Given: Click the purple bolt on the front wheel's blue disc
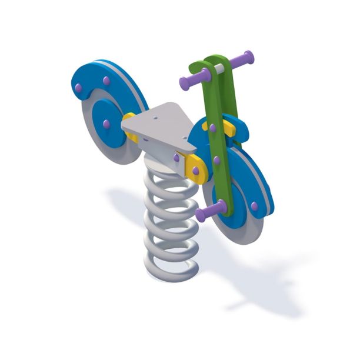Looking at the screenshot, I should pyautogui.click(x=254, y=206).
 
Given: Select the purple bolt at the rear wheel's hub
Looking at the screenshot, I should pyautogui.click(x=106, y=124).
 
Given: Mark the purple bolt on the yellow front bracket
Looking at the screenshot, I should pyautogui.click(x=195, y=171).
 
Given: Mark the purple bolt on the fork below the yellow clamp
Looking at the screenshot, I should pyautogui.click(x=216, y=159).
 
